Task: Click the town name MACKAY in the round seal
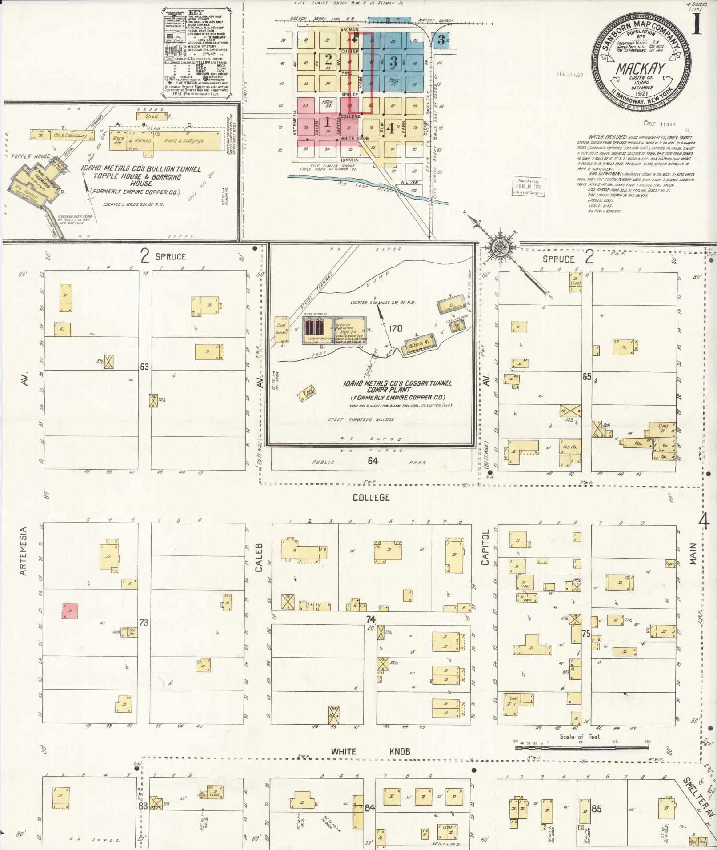click(641, 69)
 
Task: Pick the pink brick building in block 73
click(70, 611)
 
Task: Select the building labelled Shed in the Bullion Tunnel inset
click(152, 116)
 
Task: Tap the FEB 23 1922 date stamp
click(570, 75)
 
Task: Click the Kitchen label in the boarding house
click(143, 140)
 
